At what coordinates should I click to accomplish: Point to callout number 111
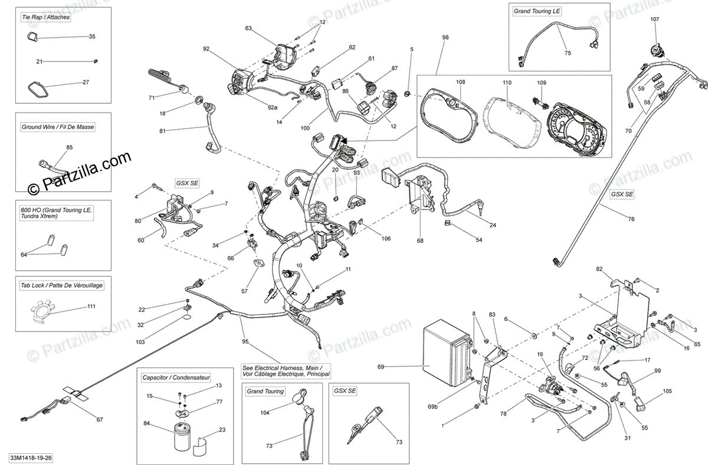point(91,306)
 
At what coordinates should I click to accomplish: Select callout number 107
point(655,19)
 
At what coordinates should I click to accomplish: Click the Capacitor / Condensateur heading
point(176,376)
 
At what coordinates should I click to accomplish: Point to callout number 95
point(245,342)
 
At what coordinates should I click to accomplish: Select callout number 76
point(631,220)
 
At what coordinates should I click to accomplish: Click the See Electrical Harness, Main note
point(286,370)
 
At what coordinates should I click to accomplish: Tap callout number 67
point(99,420)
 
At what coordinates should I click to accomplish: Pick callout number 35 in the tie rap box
point(92,37)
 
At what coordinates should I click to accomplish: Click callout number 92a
point(272,107)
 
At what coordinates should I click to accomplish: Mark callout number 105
point(667,391)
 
